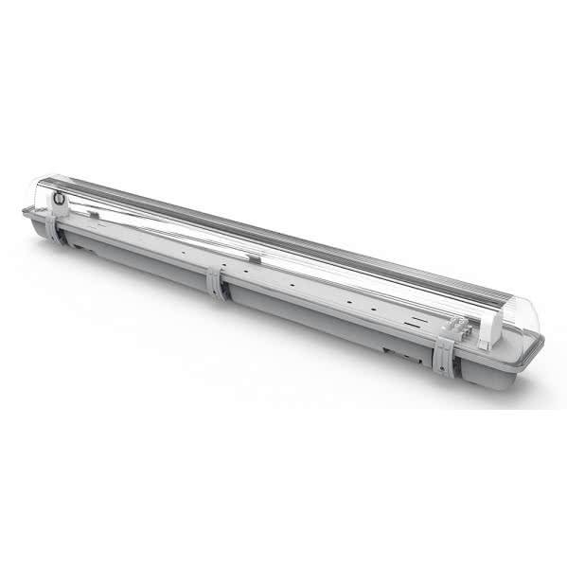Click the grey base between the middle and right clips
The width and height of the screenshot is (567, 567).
[322, 322]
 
